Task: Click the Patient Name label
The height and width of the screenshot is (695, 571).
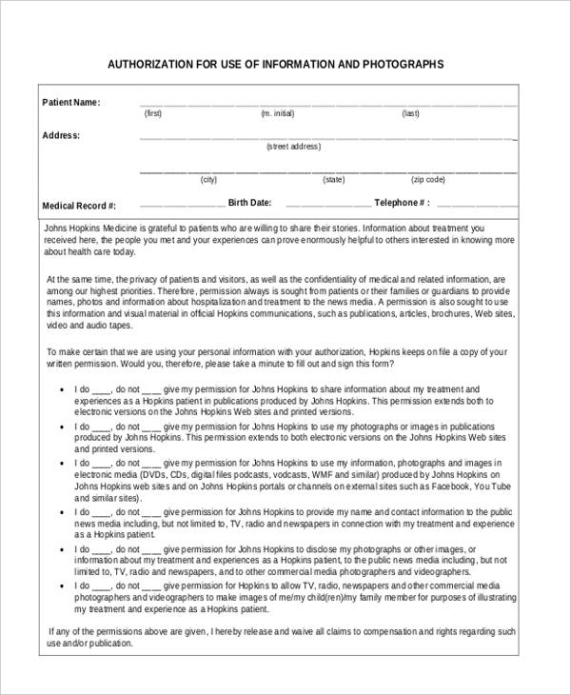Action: point(71,103)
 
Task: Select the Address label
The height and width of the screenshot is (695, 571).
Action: point(61,135)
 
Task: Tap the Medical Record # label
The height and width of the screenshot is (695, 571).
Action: point(79,206)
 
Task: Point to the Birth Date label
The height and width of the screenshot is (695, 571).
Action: point(249,203)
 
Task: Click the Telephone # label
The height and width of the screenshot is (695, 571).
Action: point(402,203)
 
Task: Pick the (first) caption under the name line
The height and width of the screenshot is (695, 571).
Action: point(152,113)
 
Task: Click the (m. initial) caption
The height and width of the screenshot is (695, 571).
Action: point(278,113)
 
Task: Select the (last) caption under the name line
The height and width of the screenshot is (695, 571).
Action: point(410,113)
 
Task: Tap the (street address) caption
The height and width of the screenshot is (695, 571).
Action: point(293,147)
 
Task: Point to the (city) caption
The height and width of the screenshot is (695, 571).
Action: point(208,180)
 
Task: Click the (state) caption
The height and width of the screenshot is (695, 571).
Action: point(333,180)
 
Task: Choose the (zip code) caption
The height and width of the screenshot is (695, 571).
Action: point(427,180)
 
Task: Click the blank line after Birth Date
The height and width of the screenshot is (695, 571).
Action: point(328,205)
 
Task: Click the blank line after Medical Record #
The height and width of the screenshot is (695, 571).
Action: point(182,205)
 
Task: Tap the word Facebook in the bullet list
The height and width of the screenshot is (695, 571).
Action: point(438,485)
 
